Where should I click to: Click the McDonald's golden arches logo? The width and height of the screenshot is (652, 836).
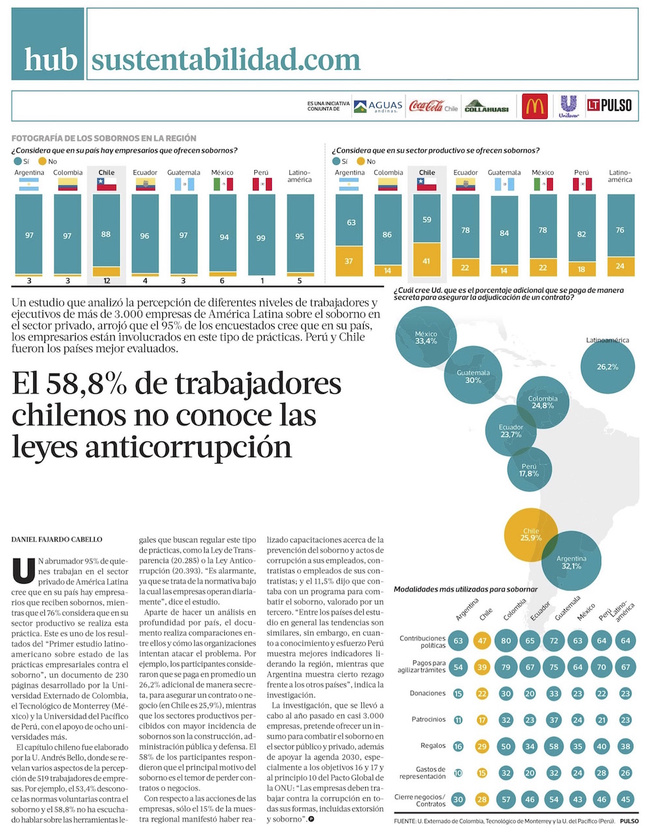pyautogui.click(x=535, y=106)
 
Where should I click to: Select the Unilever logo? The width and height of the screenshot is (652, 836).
pyautogui.click(x=569, y=106)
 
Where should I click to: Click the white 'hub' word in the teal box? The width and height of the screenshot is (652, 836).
pyautogui.click(x=50, y=59)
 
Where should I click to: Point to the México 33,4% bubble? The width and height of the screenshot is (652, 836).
pyautogui.click(x=426, y=336)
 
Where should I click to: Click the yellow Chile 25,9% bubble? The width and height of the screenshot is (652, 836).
pyautogui.click(x=531, y=535)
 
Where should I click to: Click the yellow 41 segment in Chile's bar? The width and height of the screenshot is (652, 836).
pyautogui.click(x=426, y=260)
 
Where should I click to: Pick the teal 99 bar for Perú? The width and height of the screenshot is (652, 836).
pyautogui.click(x=261, y=235)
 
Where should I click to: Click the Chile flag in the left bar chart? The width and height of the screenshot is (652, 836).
pyautogui.click(x=106, y=185)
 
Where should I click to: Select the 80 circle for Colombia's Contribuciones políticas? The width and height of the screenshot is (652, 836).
pyautogui.click(x=506, y=640)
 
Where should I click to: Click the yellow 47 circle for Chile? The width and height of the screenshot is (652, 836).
pyautogui.click(x=482, y=640)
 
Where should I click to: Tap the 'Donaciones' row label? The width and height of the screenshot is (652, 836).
pyautogui.click(x=428, y=693)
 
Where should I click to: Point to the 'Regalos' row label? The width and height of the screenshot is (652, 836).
pyautogui.click(x=433, y=745)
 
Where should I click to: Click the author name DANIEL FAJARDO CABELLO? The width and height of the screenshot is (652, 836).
pyautogui.click(x=57, y=539)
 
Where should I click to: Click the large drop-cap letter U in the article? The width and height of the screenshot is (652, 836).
pyautogui.click(x=23, y=571)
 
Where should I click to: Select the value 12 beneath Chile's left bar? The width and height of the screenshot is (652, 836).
pyautogui.click(x=106, y=281)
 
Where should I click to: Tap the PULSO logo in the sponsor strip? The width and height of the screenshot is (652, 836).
pyautogui.click(x=610, y=105)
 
